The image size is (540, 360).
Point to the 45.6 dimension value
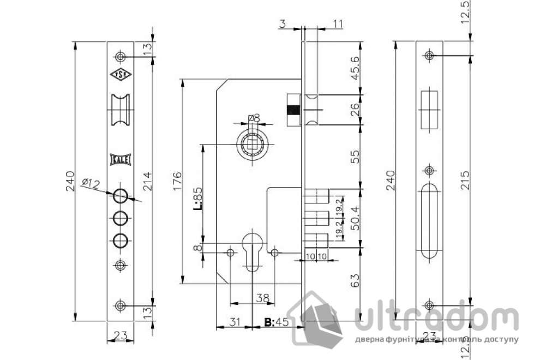pos(356,68)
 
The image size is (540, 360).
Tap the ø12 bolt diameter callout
pos(90,184)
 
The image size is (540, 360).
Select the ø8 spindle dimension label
pos(254,118)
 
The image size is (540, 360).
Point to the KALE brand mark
pos(119,158)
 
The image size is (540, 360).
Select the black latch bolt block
pos(293,109)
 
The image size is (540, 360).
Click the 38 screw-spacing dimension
pos(262,297)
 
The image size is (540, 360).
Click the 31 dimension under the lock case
pos(235,322)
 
